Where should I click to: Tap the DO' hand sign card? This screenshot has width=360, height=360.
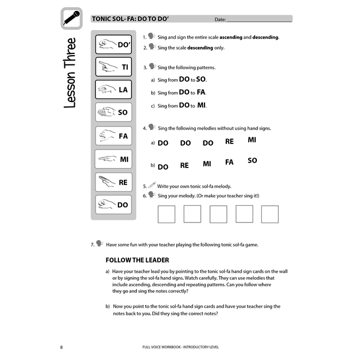pos(113,45)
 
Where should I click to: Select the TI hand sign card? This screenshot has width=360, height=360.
pos(113,67)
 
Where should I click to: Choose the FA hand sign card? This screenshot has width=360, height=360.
pos(113,136)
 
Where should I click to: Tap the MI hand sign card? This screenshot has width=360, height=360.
pos(113,159)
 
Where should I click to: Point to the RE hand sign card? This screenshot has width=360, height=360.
pos(113,182)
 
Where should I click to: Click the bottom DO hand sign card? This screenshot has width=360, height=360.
pos(113,205)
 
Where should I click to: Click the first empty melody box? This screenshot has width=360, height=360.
pos(166,214)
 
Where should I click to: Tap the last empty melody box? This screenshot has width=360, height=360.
pos(270,214)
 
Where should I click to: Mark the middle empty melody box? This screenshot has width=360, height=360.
pos(218,214)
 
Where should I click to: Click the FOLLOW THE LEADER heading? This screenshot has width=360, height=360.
pos(137,260)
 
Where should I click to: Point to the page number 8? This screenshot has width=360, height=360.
pos(62,347)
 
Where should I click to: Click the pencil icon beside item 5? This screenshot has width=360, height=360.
pos(152,185)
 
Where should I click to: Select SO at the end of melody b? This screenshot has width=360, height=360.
pos(252,161)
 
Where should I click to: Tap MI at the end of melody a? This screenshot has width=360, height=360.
pos(252,140)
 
